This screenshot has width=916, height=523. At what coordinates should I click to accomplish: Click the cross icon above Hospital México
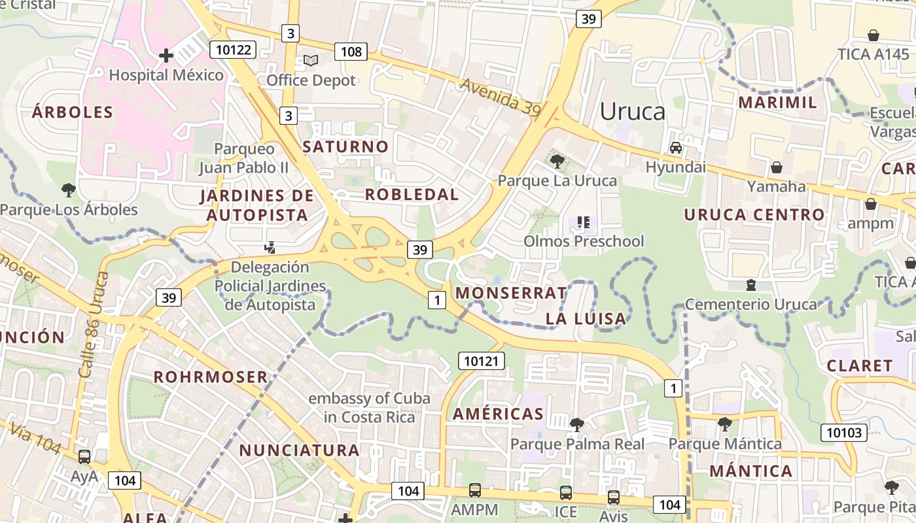[166, 56]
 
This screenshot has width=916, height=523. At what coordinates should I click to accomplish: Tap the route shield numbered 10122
[232, 50]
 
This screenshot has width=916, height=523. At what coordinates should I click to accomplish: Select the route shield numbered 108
[351, 52]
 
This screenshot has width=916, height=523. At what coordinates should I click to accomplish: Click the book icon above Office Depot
[311, 61]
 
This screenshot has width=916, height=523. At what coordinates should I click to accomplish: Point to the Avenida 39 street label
[500, 98]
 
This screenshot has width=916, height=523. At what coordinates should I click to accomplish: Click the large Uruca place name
[632, 112]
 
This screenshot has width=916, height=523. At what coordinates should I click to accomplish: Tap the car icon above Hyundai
[676, 148]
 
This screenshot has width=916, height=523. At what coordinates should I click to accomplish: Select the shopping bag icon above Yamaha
[777, 167]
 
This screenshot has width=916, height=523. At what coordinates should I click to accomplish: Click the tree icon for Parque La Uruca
[557, 161]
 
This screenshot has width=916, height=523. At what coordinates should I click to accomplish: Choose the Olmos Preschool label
[584, 241]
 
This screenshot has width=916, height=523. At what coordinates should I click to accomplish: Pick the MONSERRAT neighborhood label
[511, 293]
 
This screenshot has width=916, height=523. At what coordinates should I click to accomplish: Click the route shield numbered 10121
[481, 361]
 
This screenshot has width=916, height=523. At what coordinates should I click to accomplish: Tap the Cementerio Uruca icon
[751, 285]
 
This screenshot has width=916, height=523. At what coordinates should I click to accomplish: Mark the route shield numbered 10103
[844, 432]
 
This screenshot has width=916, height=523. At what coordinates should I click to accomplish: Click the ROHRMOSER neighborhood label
[211, 377]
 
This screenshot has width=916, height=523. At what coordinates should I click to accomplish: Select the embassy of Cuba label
[369, 407]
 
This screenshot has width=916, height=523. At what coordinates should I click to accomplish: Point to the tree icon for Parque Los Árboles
[68, 190]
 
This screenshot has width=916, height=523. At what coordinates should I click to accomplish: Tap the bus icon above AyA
[84, 456]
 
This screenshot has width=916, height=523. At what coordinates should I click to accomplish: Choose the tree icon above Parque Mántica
[724, 424]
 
